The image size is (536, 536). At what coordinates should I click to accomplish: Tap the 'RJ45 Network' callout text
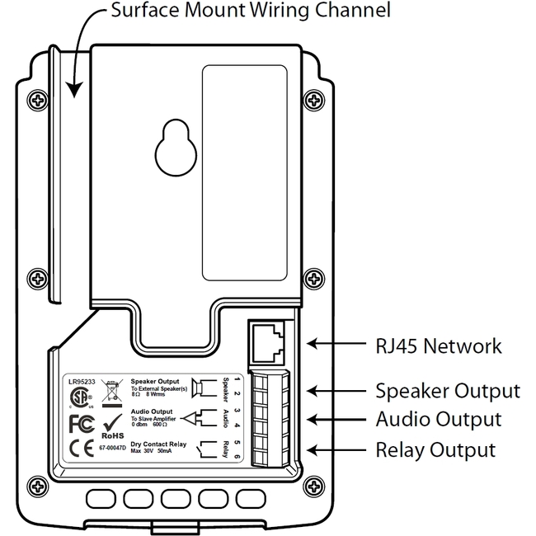click(x=438, y=346)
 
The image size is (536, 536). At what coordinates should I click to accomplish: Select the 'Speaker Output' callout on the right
click(x=447, y=390)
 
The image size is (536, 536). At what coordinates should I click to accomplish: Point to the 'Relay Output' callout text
click(x=435, y=450)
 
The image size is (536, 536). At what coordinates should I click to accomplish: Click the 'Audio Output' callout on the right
click(x=438, y=419)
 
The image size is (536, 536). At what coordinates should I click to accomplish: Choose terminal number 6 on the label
click(x=237, y=456)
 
